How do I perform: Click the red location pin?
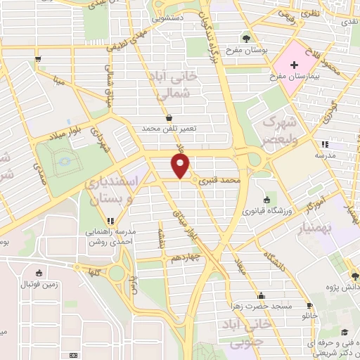181,166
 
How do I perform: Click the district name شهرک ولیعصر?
285,130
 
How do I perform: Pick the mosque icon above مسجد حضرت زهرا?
262,295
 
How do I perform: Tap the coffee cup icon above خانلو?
309,305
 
